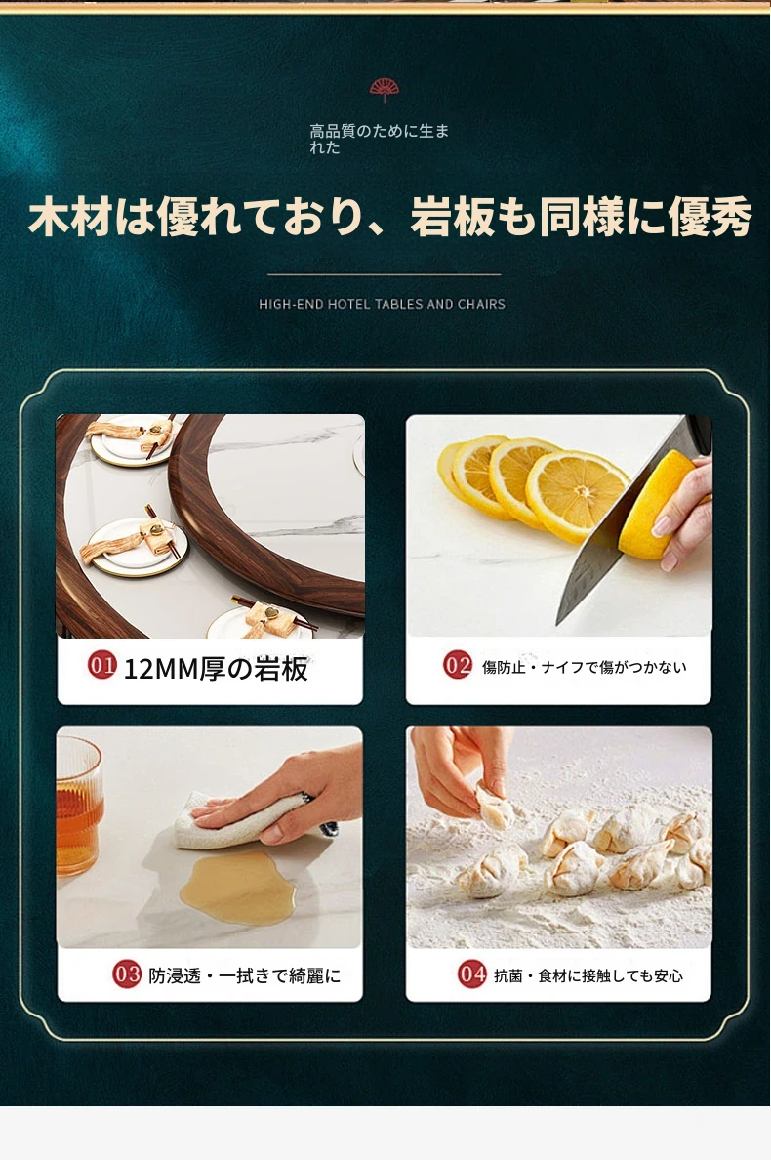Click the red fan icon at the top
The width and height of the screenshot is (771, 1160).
[385, 90]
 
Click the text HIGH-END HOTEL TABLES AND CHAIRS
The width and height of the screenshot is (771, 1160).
[383, 304]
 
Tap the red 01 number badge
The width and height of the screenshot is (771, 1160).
[102, 665]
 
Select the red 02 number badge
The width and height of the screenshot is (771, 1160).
[458, 664]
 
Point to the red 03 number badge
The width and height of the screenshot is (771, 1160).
[127, 974]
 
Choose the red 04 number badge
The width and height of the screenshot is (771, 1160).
[471, 974]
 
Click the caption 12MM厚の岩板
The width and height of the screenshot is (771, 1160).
[215, 669]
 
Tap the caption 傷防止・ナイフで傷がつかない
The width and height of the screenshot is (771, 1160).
[584, 667]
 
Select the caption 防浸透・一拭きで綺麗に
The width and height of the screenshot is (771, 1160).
[245, 975]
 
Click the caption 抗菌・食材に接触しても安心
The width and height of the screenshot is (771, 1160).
[588, 975]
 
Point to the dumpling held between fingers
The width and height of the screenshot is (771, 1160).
[494, 808]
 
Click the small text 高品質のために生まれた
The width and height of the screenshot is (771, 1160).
[380, 139]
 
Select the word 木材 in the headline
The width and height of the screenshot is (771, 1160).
[69, 217]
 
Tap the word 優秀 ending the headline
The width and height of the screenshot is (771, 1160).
[710, 217]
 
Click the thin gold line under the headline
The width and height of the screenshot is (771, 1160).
[384, 274]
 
